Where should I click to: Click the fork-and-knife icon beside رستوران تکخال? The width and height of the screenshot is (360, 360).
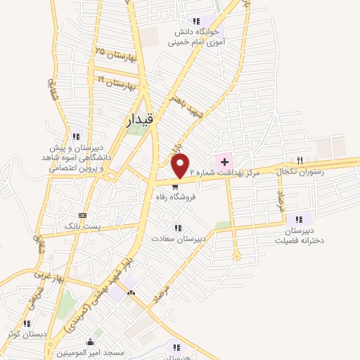pos(300,161)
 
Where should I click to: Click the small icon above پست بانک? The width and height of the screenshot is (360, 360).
pos(83,215)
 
